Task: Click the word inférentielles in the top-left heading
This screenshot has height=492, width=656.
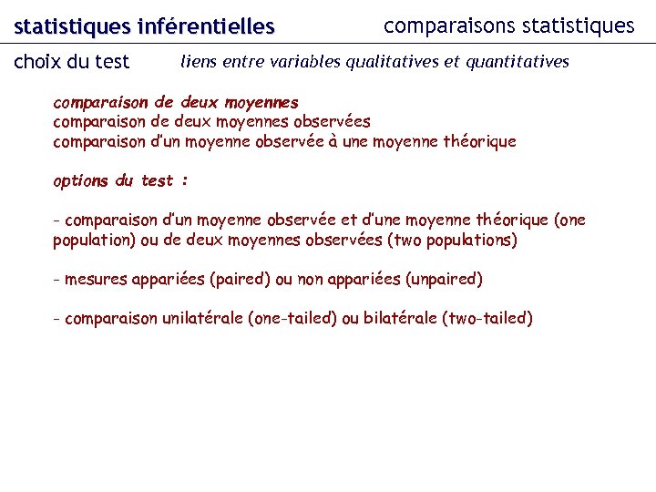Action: point(206,27)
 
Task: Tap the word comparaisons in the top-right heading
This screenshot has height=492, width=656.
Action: point(443,26)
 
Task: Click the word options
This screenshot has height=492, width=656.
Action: point(80,180)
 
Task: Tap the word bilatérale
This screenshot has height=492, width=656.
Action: point(399,319)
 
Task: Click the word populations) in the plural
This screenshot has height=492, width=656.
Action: point(472,241)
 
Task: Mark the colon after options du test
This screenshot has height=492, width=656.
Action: point(185,181)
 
